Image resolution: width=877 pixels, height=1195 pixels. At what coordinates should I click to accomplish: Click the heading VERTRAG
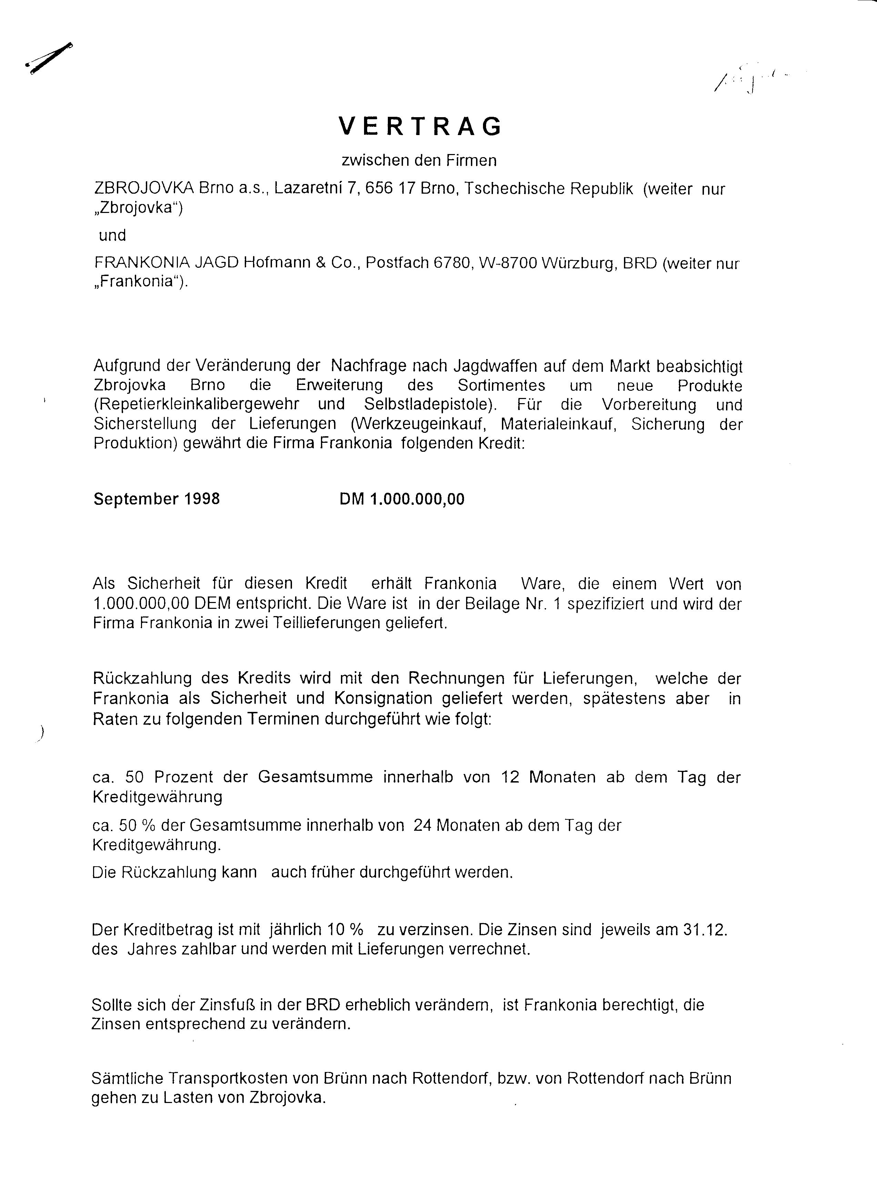[420, 126]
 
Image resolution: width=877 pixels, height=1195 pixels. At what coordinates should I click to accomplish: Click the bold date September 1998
[157, 499]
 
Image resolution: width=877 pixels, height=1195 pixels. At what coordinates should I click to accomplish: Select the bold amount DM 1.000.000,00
[402, 499]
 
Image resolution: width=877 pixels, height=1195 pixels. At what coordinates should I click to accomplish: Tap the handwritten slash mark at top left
[49, 58]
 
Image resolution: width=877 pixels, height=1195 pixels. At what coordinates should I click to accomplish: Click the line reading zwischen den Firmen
[419, 160]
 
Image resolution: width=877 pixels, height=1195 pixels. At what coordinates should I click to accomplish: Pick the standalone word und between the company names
[112, 235]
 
